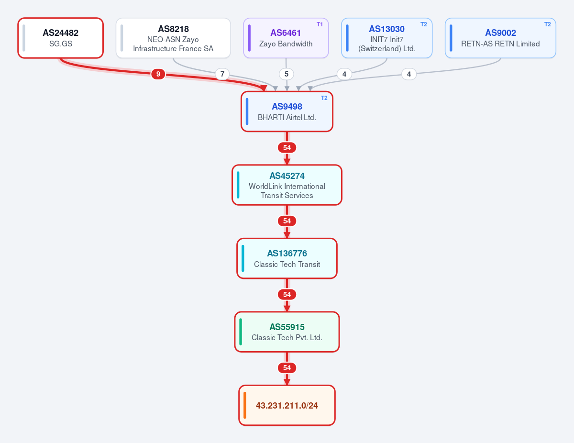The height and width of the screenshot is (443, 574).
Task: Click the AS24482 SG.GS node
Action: [x=60, y=38]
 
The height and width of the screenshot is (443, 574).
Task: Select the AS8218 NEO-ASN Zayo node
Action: [x=173, y=38]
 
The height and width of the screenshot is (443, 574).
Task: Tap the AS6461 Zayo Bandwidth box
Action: [x=286, y=38]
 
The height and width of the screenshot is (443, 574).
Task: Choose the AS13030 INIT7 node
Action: [x=386, y=38]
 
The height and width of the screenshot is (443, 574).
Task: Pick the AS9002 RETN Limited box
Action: [x=500, y=38]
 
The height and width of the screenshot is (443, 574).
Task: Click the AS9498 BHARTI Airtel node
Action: [x=287, y=111]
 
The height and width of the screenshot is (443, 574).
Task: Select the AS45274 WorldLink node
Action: [x=287, y=185]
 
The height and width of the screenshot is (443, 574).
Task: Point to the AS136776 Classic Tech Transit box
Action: [x=287, y=258]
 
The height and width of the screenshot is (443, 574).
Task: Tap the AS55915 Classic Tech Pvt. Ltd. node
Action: [x=287, y=332]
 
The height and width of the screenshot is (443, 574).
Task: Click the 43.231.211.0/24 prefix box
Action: [x=287, y=405]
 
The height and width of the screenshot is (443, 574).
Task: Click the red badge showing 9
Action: [x=158, y=74]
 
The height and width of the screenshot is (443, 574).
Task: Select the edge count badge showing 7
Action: [x=222, y=74]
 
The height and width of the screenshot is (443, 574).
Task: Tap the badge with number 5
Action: [x=287, y=74]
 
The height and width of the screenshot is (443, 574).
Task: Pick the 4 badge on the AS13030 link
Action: [x=344, y=74]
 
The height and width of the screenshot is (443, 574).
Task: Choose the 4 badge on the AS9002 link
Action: [x=409, y=74]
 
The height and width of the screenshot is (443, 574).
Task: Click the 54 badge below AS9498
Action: [x=287, y=148]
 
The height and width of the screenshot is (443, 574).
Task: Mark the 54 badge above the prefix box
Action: [x=287, y=368]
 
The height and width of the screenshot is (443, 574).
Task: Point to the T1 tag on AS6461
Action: [x=320, y=24]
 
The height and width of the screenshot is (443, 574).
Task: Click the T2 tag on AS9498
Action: [x=324, y=98]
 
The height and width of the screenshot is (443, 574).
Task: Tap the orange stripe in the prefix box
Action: [x=245, y=405]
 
